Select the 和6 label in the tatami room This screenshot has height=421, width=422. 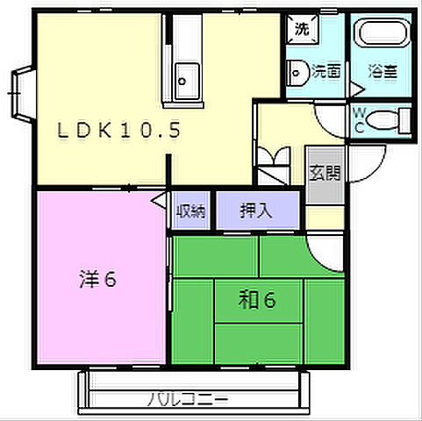257,301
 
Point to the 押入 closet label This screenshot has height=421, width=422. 256,210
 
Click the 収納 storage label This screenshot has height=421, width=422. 190,210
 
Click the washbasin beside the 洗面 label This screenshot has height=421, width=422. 298,71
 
